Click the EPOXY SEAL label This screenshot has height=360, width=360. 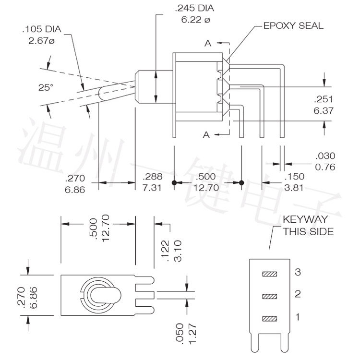coord(293,26)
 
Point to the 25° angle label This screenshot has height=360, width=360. coord(46,87)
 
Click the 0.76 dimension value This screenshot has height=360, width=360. coord(324,167)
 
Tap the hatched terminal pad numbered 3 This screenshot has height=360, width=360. coord(270,274)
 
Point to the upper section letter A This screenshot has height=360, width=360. coord(207,44)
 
